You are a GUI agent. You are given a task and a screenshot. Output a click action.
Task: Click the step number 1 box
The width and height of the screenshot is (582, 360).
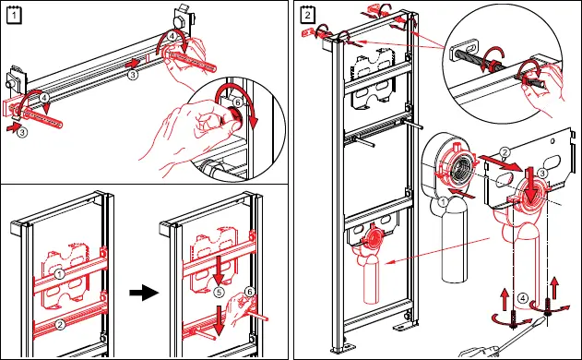(x=14, y=16)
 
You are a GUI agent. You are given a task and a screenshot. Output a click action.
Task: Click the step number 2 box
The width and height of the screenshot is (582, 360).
(x=307, y=16)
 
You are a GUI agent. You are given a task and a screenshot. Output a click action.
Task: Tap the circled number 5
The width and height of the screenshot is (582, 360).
(x=219, y=293)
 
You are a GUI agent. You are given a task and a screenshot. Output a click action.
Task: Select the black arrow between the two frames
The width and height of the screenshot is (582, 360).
(x=144, y=293)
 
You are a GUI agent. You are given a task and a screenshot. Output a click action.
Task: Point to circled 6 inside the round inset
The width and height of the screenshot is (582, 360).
(x=238, y=102)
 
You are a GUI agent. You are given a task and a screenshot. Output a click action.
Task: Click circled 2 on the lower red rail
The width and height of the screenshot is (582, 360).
(x=60, y=324)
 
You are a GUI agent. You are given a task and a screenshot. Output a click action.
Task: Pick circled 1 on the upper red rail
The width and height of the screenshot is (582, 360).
(x=59, y=274)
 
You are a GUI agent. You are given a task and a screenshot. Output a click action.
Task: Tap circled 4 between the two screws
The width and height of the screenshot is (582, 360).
(x=522, y=298)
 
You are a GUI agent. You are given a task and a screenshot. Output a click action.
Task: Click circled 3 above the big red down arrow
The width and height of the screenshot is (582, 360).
(x=542, y=174)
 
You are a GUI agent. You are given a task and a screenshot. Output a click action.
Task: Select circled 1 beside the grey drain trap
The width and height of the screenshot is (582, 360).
(x=443, y=202)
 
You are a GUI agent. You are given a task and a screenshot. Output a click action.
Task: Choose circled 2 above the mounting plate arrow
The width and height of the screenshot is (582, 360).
(x=505, y=152)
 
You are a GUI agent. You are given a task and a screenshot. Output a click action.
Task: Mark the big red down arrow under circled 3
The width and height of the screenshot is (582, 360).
(x=531, y=186)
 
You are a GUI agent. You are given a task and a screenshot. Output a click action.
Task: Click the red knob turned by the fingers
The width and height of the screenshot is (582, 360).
(x=235, y=115)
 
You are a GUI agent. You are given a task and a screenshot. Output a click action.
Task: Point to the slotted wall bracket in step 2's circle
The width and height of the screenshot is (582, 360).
(x=464, y=50)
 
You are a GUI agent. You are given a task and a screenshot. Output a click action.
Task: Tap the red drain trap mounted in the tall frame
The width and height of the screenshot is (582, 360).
(x=367, y=260)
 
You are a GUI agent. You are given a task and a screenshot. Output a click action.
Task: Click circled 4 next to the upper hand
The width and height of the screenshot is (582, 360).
(x=172, y=36)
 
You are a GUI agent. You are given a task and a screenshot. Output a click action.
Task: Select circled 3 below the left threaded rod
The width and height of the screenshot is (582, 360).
(x=22, y=132)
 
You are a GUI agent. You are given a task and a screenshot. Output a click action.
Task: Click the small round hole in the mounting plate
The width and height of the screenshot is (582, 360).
(x=552, y=141)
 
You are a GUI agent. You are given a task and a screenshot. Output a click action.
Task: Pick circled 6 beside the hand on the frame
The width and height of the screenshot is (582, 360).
(x=250, y=292)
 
